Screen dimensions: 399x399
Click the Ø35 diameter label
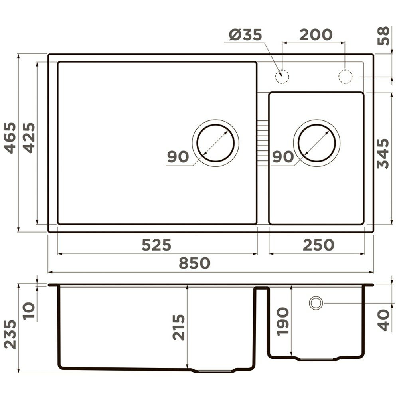245,35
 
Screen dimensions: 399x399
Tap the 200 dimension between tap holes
316,35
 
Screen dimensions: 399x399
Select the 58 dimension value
383,36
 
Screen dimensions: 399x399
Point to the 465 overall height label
10,138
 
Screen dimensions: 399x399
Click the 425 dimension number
29,138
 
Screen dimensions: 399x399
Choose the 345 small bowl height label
383,154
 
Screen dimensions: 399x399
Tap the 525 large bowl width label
156,245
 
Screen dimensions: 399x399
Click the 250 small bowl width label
318,245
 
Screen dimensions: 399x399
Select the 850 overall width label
195,263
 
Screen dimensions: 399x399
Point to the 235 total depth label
10,334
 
